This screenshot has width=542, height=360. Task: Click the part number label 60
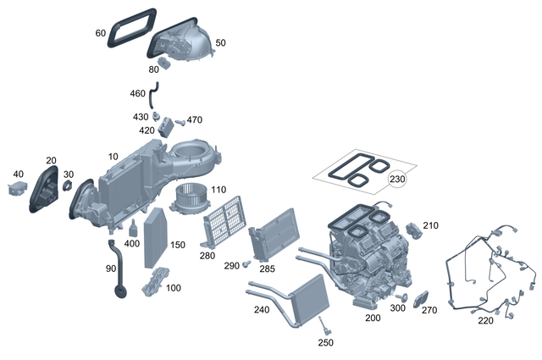pos(101,33)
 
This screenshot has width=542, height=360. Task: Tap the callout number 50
pos(221,42)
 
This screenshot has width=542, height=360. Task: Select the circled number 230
pos(397,180)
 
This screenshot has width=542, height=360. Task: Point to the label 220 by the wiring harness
pos(485,321)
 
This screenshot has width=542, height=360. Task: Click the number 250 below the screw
pos(325,342)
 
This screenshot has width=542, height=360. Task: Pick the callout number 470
pos(195,119)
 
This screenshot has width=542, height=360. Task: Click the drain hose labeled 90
pos(116,271)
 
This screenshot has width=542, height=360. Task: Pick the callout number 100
pos(173,288)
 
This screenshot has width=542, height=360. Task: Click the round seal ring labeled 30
pos(67,186)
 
